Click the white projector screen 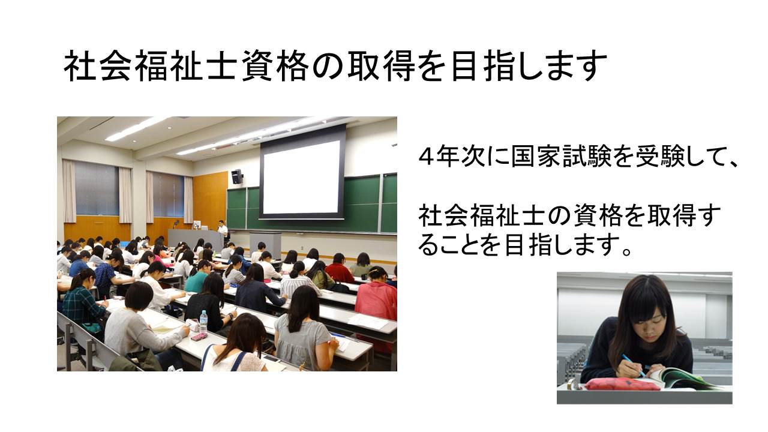tap(302, 177)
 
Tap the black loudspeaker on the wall tap(236, 176)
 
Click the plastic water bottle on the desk tap(203, 321)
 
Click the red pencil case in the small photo tap(622, 385)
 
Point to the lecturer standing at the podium tap(223, 229)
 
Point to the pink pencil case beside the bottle tap(199, 337)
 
